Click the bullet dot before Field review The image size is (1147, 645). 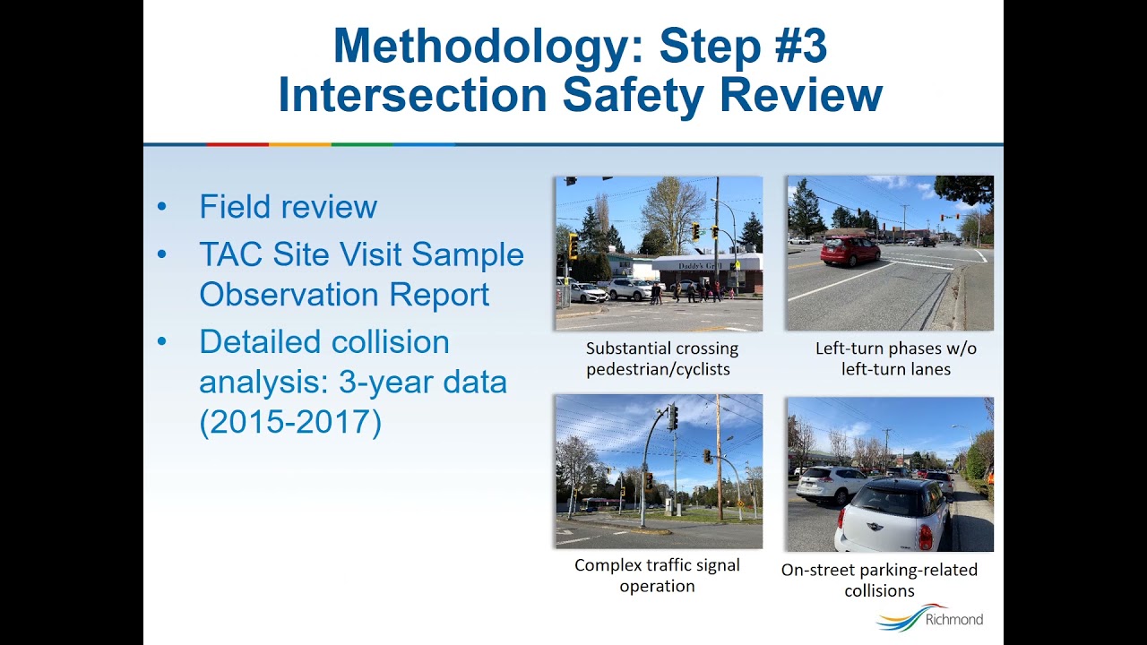coord(162,207)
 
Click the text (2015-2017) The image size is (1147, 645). coord(290,422)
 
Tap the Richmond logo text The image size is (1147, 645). coord(953,619)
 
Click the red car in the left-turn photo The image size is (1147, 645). coord(849,251)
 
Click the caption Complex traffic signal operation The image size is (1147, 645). coord(658,575)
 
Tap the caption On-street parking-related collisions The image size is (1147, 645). coord(879,580)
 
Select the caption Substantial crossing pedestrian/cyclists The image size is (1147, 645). coord(662,358)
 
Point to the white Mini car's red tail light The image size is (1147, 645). coord(925,536)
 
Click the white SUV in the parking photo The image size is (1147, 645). coord(830,484)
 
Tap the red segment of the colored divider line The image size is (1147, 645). coord(237,143)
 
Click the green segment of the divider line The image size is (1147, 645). coord(362,143)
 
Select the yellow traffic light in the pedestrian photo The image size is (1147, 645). coord(573,246)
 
